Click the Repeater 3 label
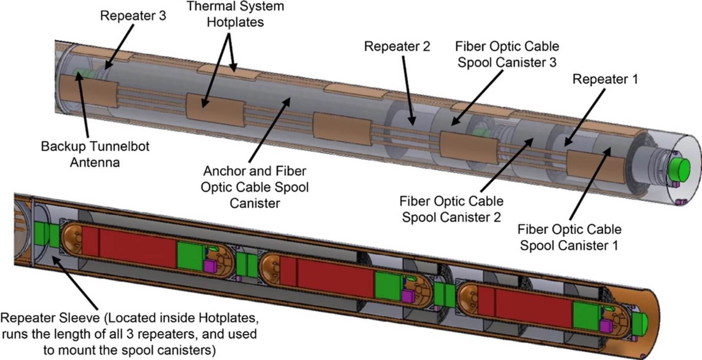(133, 16)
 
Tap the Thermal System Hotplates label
(235, 14)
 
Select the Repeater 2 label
(397, 46)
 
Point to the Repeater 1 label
(604, 79)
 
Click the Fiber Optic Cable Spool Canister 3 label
(507, 54)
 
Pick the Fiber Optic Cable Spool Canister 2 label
(451, 209)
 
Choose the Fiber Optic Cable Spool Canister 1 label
(569, 237)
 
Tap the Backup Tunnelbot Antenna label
(95, 154)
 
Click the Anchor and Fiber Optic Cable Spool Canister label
(254, 187)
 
